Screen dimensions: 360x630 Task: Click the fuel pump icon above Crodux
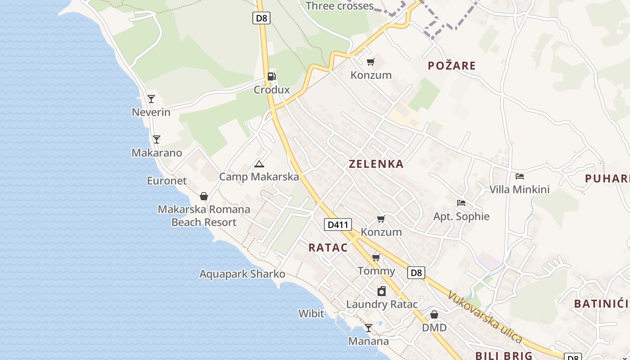coord(271,76)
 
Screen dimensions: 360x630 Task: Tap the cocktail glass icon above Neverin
coord(151,99)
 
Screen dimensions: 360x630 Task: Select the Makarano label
coord(157,153)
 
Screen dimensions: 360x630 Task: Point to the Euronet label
coord(166,181)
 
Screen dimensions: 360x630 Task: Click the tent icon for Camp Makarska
coord(259,164)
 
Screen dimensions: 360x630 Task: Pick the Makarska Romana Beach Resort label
coord(204,216)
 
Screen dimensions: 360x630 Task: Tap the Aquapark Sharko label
coord(242,274)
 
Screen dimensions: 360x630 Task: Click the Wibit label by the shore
coord(311,313)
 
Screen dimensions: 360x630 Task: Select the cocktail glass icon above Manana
coord(369,328)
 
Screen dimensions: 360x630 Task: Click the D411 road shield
coord(337,225)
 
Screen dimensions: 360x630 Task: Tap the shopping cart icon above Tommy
coord(376,258)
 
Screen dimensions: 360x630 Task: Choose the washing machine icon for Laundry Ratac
coord(382,291)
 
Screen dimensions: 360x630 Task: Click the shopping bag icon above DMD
coord(434,315)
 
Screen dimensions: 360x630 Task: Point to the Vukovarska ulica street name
coord(485,318)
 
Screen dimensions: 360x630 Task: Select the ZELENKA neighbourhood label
coord(376,164)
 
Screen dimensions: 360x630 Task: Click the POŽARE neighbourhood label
coord(451,66)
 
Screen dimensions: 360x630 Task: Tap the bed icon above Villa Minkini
coord(520,176)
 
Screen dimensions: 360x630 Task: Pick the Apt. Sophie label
coord(461,216)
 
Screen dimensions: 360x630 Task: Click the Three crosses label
coord(339,6)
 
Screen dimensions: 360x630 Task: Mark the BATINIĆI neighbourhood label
coord(601,304)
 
